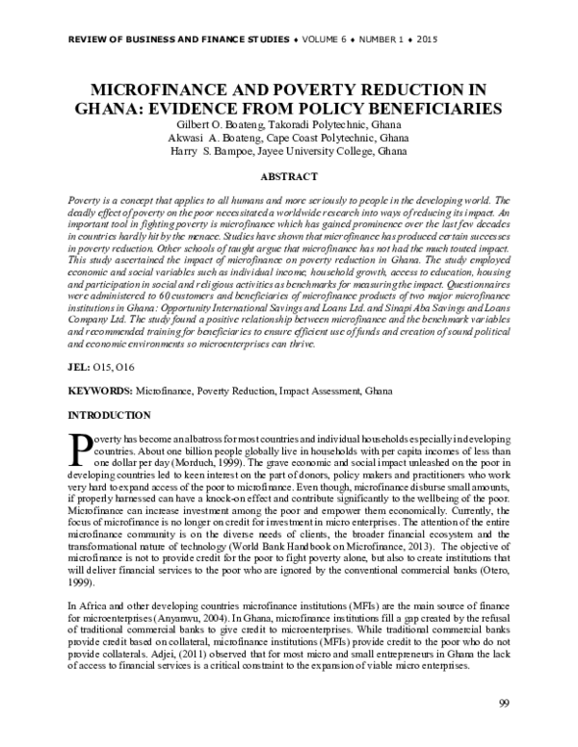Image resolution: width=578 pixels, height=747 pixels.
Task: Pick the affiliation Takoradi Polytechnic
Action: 310,124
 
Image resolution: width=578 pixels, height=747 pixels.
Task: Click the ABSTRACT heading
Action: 289,178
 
